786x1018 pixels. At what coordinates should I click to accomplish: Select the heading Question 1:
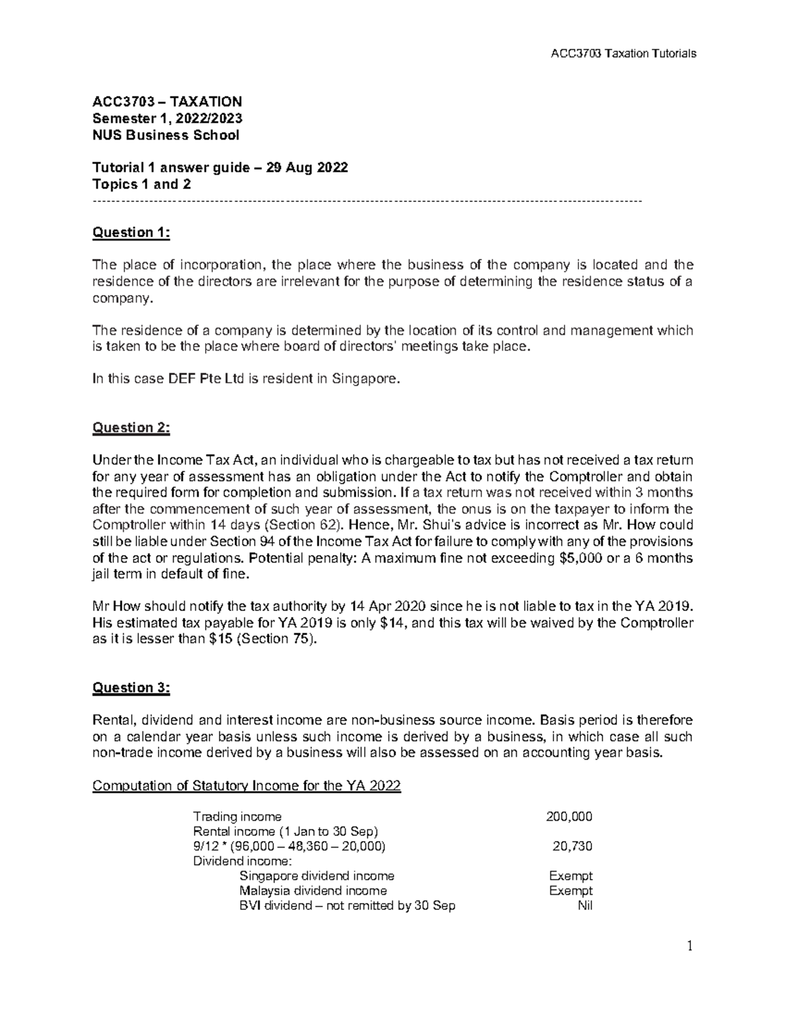(131, 232)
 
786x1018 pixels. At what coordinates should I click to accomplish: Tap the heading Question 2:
(131, 427)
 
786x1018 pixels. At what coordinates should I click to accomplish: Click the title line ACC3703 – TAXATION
(167, 102)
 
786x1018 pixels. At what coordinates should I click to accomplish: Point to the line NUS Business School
(166, 135)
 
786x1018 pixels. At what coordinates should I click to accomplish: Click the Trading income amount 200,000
(569, 816)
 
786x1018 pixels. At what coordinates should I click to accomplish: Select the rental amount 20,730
(572, 846)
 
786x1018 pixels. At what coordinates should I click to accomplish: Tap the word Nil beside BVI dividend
(583, 906)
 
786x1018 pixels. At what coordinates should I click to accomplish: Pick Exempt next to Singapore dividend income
(571, 876)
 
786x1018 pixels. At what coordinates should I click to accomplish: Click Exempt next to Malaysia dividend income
(571, 891)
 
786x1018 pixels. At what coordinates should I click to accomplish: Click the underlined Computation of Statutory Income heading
(246, 785)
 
